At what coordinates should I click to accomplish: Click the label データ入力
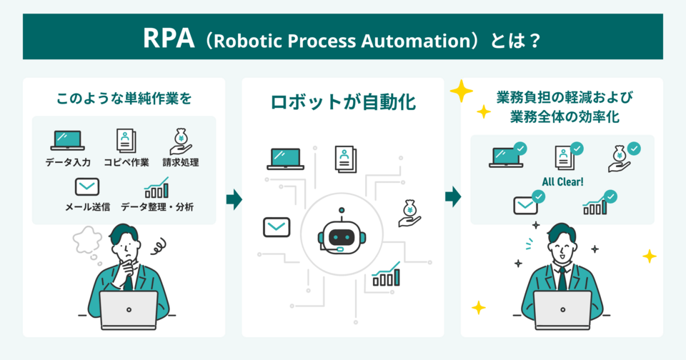(68, 162)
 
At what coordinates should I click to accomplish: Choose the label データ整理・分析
(157, 207)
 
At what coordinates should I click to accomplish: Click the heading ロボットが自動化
(343, 103)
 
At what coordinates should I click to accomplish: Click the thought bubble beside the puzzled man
(88, 240)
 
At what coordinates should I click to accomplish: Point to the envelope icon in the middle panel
(276, 228)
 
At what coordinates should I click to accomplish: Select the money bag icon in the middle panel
(409, 212)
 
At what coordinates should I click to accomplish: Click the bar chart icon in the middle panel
(385, 275)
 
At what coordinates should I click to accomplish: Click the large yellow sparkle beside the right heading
(462, 91)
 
